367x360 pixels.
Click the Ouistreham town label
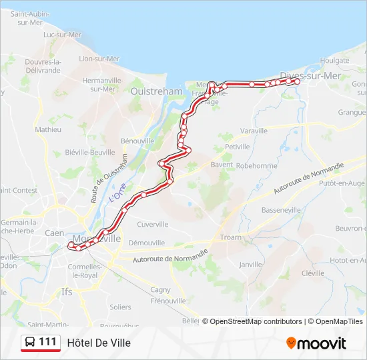coord(157,91)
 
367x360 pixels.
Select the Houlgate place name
coord(334,60)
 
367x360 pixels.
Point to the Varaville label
coord(253,131)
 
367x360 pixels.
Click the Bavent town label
coord(222,164)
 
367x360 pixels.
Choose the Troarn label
coord(231,237)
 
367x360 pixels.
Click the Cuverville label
coord(153,224)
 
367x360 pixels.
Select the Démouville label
coord(146,243)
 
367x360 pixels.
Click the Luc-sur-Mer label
coord(62,35)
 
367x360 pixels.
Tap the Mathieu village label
coord(48,129)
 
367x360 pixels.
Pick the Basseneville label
coord(282,209)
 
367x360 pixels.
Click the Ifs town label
coord(67,291)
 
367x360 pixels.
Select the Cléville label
coord(312,273)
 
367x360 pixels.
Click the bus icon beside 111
coord(30,343)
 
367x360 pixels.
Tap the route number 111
coord(47,342)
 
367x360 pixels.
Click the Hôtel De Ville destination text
coord(99,343)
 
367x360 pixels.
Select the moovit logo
coord(316,343)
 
